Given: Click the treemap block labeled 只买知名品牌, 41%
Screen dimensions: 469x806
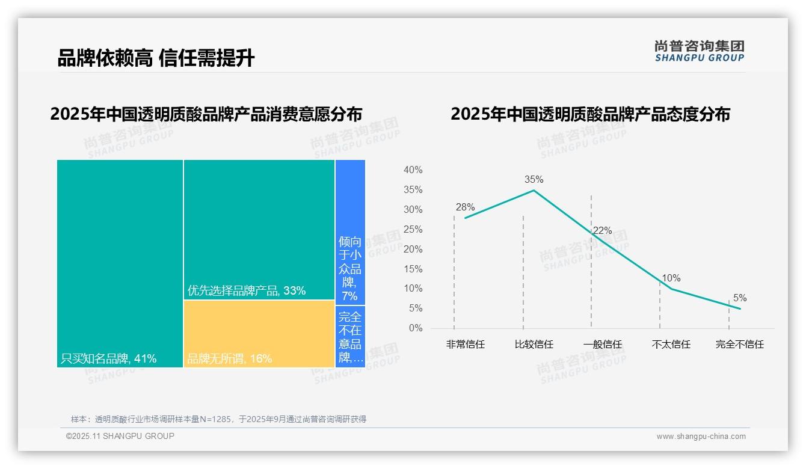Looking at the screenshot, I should (120, 263).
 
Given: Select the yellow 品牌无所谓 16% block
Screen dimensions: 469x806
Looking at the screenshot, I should (259, 334).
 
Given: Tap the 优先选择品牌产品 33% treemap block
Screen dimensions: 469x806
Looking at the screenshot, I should (259, 229).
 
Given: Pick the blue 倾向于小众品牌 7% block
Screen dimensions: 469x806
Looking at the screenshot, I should (350, 232).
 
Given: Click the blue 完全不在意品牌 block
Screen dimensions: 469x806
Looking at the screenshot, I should (350, 337).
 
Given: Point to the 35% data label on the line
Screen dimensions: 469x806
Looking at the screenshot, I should (534, 179).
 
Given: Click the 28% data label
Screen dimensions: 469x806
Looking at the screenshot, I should (465, 207).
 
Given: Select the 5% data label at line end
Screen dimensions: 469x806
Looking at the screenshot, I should (739, 298).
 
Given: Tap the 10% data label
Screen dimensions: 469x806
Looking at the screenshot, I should (671, 278).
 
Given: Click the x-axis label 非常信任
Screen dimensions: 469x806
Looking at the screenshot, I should (465, 345).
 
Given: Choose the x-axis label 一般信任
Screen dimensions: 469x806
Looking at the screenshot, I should (602, 345).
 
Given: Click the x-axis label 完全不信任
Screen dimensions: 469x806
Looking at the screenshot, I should (739, 345).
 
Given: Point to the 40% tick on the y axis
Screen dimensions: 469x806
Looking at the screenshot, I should (413, 170).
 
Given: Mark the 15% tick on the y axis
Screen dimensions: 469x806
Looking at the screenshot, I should (413, 269).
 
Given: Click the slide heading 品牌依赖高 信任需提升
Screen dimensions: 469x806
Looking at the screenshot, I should (156, 58).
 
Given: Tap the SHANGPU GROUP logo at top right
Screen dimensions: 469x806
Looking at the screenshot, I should (699, 51).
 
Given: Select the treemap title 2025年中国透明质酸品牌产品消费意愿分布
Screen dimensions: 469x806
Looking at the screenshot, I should (206, 114).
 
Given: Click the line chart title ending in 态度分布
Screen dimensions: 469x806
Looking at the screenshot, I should (589, 114).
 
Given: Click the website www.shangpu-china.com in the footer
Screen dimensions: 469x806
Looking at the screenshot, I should (701, 437).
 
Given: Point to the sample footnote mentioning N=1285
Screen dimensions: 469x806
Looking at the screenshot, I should (218, 419).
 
